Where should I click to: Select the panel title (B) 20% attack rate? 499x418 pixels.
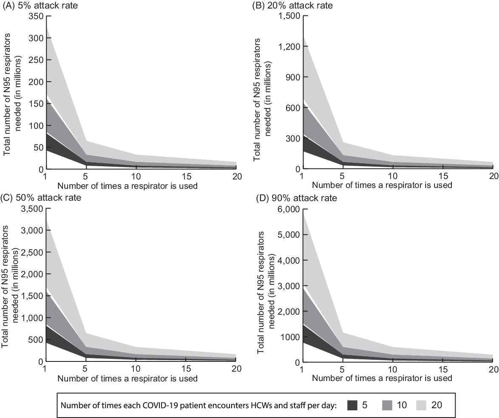(293, 6)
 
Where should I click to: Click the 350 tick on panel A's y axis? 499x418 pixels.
(37, 16)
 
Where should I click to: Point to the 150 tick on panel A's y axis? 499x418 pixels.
(37, 104)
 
